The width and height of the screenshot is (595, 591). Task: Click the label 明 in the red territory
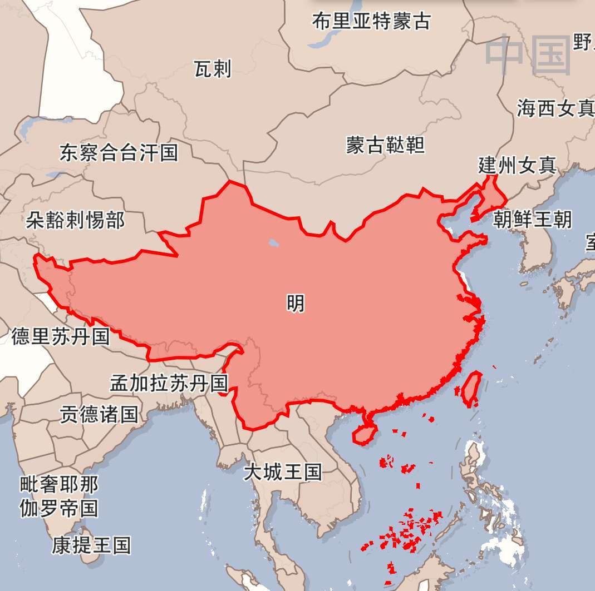click(x=296, y=303)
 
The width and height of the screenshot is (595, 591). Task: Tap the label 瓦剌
click(x=212, y=69)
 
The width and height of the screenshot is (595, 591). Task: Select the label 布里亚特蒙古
click(x=371, y=21)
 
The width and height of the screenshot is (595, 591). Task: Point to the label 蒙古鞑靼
click(x=385, y=145)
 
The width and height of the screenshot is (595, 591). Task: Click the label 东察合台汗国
click(x=119, y=152)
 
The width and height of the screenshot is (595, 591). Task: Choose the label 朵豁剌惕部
click(x=75, y=220)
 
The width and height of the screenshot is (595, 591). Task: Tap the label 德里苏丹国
click(x=61, y=336)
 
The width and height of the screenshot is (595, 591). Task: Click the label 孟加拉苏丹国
click(x=169, y=383)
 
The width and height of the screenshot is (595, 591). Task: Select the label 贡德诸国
click(x=99, y=414)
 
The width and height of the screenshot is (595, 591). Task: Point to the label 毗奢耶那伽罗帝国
click(x=59, y=496)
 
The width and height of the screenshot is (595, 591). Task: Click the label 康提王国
click(x=92, y=545)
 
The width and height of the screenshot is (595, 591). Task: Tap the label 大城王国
click(x=283, y=472)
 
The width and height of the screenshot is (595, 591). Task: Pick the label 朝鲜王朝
click(x=532, y=219)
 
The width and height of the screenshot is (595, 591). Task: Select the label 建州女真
click(x=517, y=165)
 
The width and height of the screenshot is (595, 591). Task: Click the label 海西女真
click(x=554, y=108)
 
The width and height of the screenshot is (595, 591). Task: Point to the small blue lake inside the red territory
click(x=273, y=242)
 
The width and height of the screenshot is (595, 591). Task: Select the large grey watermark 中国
click(x=528, y=54)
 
